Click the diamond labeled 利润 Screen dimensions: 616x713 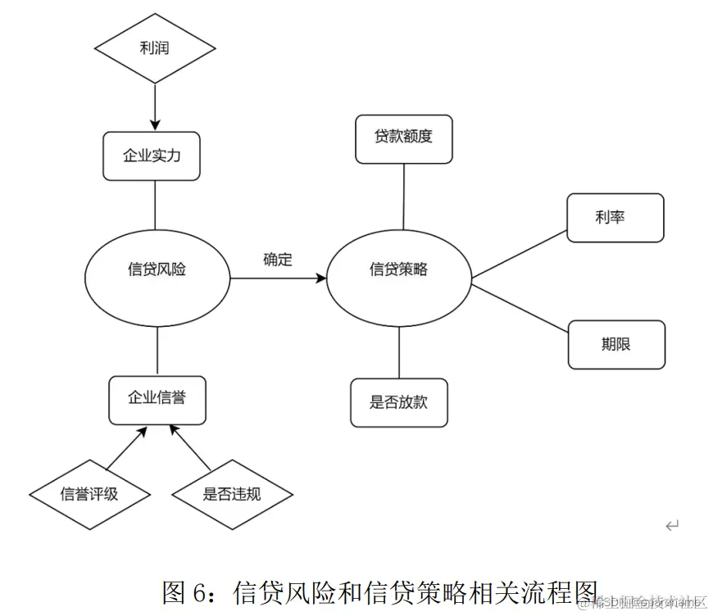[x=154, y=48]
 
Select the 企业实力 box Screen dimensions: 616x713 [x=152, y=156]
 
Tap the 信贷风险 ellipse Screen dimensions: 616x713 [x=157, y=269]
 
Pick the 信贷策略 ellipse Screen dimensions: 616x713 [x=399, y=269]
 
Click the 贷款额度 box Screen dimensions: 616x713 [x=403, y=138]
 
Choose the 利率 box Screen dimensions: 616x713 [x=615, y=218]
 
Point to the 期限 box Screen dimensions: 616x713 [x=616, y=344]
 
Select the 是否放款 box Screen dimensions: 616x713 [x=399, y=402]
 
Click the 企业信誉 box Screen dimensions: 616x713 [x=157, y=399]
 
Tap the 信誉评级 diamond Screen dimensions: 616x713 [x=89, y=494]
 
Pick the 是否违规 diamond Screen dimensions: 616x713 [x=232, y=494]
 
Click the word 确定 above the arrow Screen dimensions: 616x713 [x=277, y=260]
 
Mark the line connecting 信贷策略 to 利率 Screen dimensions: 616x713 [x=520, y=254]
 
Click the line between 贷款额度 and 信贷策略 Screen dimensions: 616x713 [x=404, y=197]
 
